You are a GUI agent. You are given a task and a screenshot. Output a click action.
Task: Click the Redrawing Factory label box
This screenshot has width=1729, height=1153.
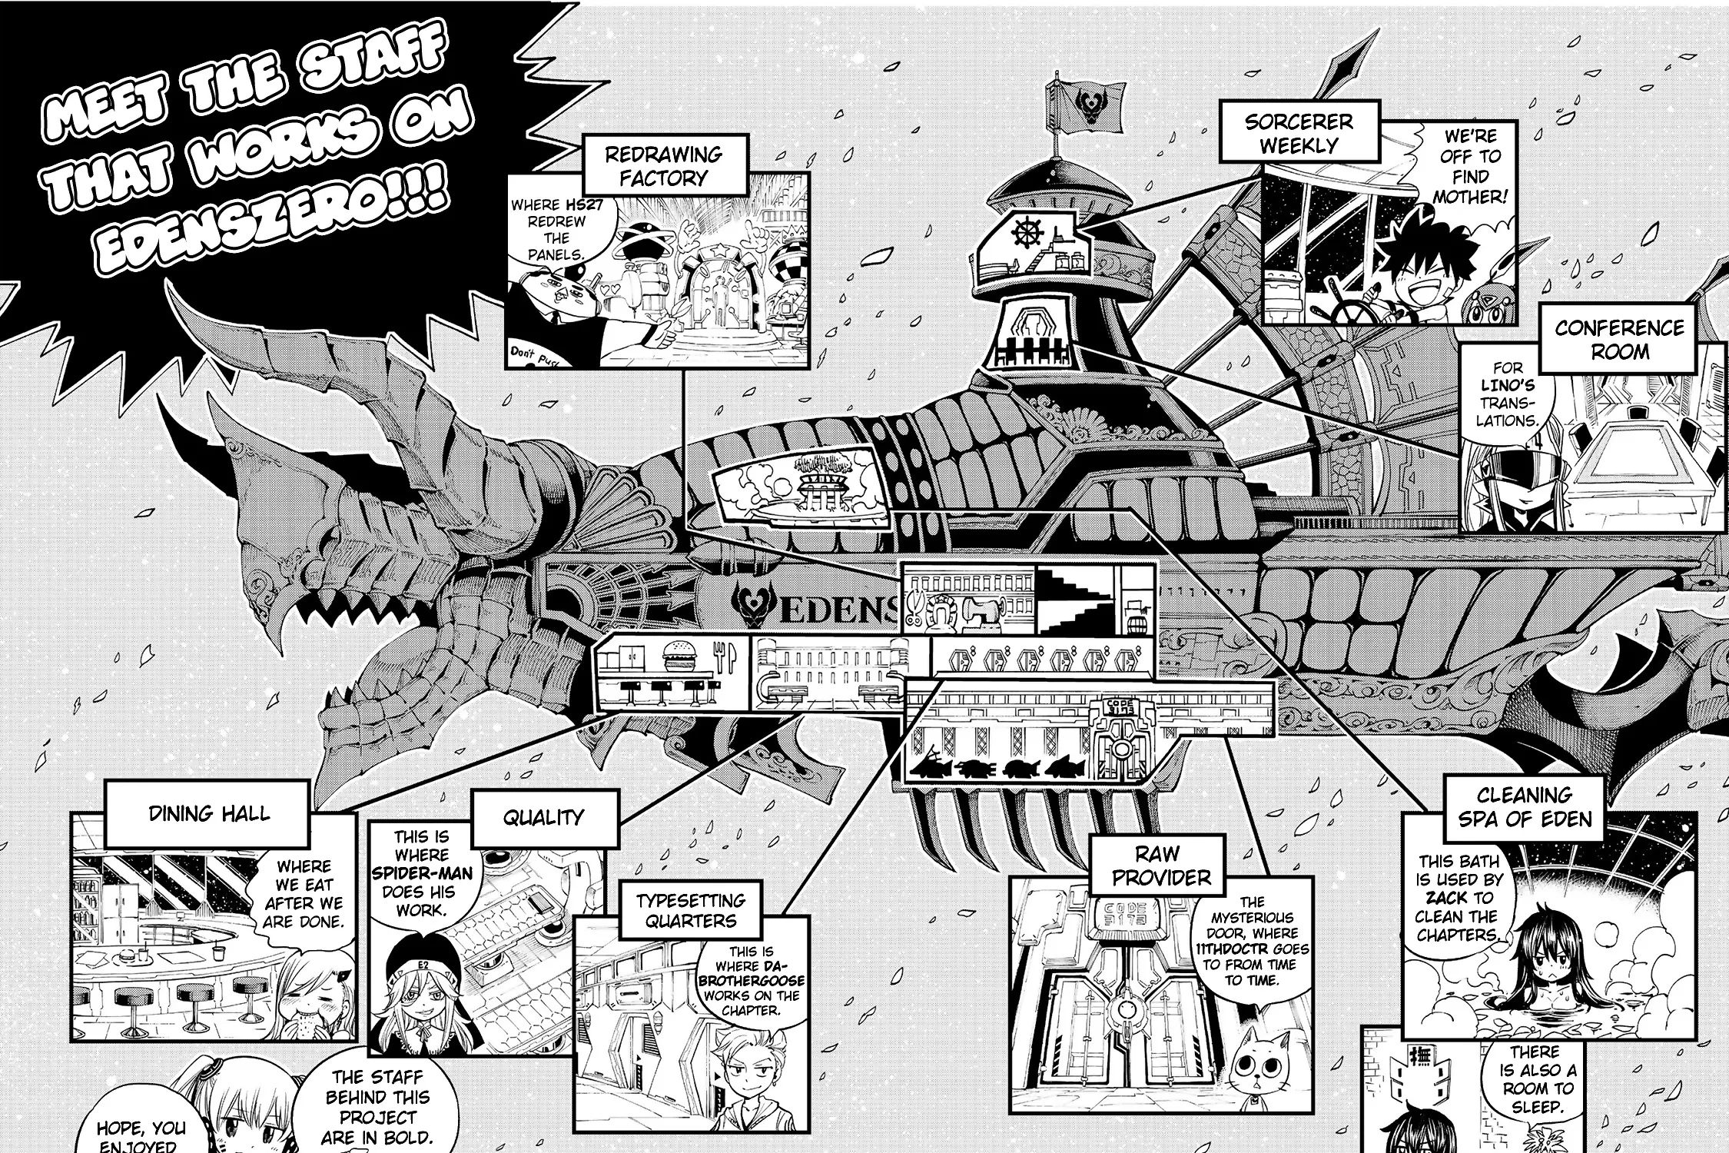665,165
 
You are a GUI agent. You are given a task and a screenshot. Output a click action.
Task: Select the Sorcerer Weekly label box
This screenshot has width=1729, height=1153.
1298,133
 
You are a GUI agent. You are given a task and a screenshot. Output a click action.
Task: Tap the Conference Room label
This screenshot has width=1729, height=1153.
1619,340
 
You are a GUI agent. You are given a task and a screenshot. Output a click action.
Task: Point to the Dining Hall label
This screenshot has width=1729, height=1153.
209,814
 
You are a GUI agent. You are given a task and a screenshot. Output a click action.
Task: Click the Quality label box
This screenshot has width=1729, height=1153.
544,818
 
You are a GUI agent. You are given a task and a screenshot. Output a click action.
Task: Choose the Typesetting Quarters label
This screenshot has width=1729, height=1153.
690,910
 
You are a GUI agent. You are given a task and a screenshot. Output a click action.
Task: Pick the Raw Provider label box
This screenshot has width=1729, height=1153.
1160,866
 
